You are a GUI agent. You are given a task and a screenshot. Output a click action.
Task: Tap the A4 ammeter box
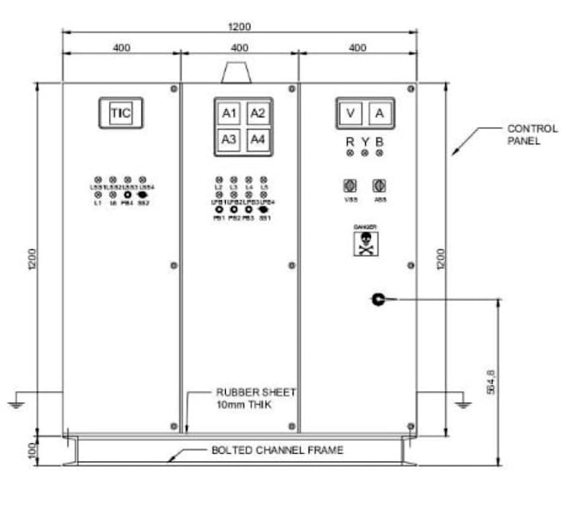pyautogui.click(x=258, y=139)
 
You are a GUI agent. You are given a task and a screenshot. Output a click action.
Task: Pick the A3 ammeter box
pyautogui.click(x=229, y=139)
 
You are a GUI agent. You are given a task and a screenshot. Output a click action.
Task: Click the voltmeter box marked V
pyautogui.click(x=352, y=113)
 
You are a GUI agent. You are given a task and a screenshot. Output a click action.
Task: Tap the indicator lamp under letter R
pyautogui.click(x=350, y=154)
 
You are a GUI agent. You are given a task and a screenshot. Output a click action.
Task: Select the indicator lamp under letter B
pyautogui.click(x=379, y=154)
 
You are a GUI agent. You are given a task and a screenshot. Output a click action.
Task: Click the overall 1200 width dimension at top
pyautogui.click(x=240, y=27)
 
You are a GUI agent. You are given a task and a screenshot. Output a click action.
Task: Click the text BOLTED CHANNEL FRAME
pyautogui.click(x=275, y=451)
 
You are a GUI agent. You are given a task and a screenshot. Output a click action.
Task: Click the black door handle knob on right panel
pyautogui.click(x=378, y=298)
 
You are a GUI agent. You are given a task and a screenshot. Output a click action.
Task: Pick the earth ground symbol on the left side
pyautogui.click(x=15, y=405)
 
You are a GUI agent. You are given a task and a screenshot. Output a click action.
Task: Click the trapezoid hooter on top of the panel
pyautogui.click(x=239, y=72)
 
